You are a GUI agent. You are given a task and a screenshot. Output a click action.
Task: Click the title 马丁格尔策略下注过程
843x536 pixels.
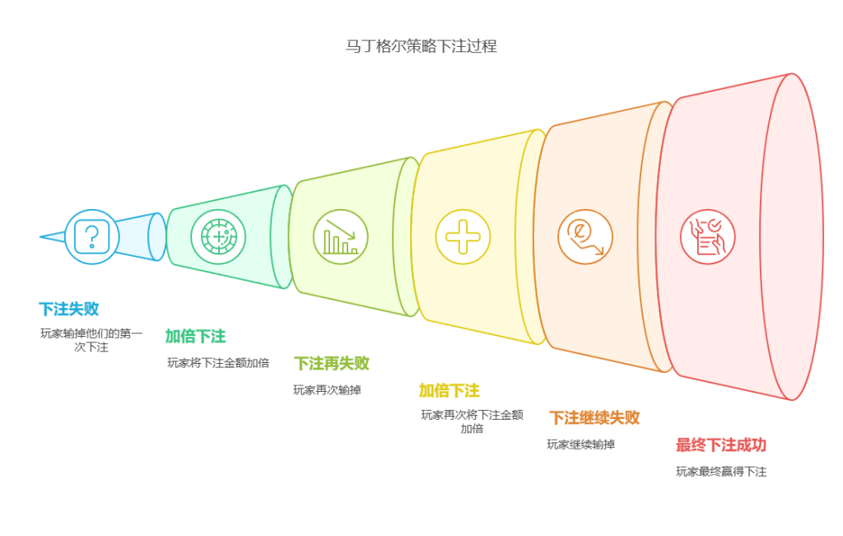pos(421,46)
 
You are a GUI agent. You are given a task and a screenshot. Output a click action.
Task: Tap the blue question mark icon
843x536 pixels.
pos(91,236)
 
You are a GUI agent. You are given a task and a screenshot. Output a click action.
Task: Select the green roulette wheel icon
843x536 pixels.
pos(217,237)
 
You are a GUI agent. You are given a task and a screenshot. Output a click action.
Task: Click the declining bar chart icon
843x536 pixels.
pos(340,237)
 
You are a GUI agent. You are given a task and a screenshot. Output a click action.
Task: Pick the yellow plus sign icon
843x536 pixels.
pos(463,237)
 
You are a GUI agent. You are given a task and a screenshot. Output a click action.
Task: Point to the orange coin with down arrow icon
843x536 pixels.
pos(585,237)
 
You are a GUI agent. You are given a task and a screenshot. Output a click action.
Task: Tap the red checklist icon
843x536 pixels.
pos(707,237)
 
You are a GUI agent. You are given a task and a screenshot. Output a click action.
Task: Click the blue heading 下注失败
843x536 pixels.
pos(68,310)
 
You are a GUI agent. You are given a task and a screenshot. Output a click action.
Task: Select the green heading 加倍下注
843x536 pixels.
pos(195,336)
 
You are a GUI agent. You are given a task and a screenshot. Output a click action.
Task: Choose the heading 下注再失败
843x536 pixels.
pos(331,363)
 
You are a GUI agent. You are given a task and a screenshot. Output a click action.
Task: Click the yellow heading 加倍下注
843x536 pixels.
pos(449,390)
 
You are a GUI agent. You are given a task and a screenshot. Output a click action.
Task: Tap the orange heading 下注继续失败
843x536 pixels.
pos(594,417)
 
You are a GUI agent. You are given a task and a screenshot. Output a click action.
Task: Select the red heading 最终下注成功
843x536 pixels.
pos(720,445)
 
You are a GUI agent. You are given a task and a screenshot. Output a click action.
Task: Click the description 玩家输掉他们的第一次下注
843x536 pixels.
pos(91,340)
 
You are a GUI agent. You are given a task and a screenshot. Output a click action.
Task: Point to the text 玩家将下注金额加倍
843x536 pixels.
pos(218,362)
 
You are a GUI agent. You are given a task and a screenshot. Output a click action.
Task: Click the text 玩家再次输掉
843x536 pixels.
pos(326,389)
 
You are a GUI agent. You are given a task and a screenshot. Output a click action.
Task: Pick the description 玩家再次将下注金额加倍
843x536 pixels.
pos(472,422)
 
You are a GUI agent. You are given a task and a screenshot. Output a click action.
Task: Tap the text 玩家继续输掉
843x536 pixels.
pos(580,445)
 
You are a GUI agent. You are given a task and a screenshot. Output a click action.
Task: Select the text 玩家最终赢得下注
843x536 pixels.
pos(721,472)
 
